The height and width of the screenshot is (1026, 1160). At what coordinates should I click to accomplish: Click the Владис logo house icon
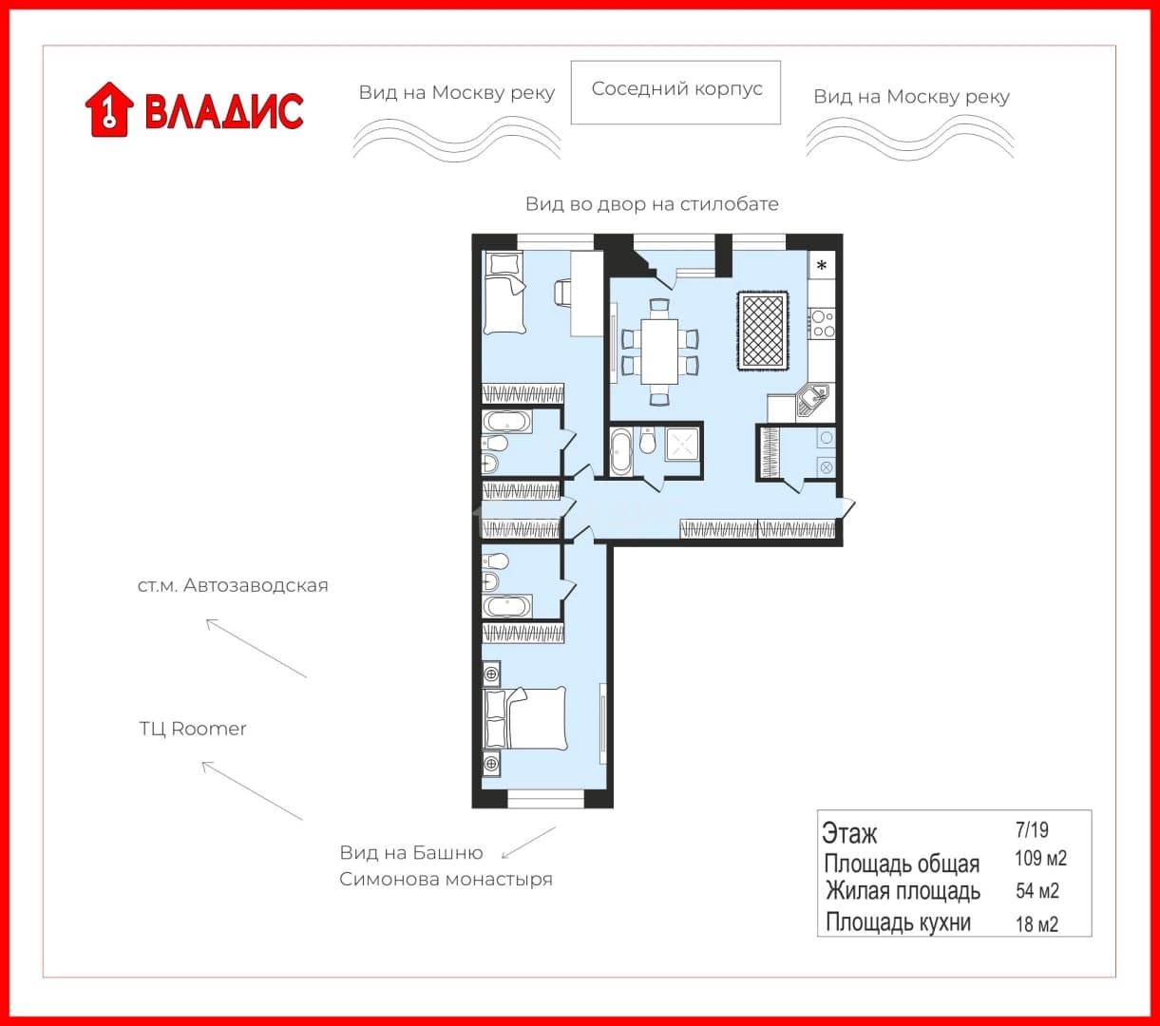(x=109, y=110)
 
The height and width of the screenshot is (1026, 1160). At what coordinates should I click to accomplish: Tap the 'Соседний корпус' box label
(x=676, y=88)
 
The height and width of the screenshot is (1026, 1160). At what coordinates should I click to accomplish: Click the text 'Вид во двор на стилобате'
(x=652, y=204)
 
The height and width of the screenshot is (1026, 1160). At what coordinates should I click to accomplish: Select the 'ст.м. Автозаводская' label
(x=233, y=586)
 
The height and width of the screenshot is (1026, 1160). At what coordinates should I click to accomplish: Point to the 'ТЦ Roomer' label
(x=193, y=729)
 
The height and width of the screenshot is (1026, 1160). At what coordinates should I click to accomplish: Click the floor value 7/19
(x=1032, y=829)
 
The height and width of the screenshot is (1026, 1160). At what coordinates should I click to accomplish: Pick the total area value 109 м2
(x=1041, y=858)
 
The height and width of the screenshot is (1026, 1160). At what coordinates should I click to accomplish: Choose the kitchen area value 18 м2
(x=1036, y=924)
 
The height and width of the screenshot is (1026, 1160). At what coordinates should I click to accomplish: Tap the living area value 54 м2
(x=1037, y=891)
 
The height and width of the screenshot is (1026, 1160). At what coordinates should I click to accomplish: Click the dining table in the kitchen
(x=659, y=351)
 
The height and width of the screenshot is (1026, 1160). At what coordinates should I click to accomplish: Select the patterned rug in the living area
(x=762, y=331)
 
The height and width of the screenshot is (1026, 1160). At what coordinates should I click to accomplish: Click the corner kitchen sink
(x=812, y=399)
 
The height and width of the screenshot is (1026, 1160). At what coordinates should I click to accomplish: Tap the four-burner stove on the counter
(x=823, y=324)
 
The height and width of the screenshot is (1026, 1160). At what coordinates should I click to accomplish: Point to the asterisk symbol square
(x=822, y=265)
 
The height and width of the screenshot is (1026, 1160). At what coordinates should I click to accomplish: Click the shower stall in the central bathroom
(x=681, y=445)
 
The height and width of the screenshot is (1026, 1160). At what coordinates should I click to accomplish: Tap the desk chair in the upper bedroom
(x=562, y=293)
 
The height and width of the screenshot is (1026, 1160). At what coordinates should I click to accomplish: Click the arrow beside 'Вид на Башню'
(x=528, y=843)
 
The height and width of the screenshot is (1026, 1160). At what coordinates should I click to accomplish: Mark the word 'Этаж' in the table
(x=849, y=834)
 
